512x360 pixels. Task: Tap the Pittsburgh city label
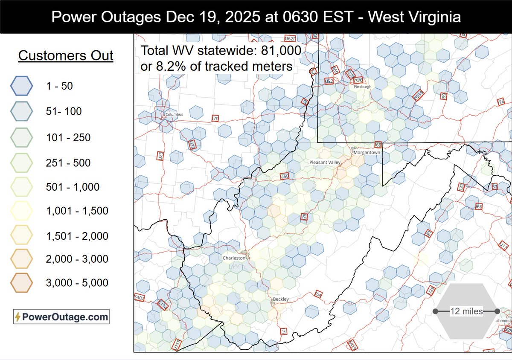point(363,87)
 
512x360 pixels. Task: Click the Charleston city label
point(234,258)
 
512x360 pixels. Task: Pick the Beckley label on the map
point(280,299)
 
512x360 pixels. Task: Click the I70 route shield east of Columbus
point(215,118)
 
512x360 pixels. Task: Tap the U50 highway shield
point(284,176)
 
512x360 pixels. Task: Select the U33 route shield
point(193,145)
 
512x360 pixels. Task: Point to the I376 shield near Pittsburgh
point(358,80)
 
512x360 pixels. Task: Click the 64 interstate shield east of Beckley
point(319,294)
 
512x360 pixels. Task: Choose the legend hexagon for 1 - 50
point(21,86)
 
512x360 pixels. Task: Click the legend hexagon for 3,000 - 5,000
point(21,282)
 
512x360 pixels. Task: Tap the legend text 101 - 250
point(69,137)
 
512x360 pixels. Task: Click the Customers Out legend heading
point(66,55)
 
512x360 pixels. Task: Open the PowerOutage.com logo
point(61,317)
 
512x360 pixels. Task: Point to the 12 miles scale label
point(466,311)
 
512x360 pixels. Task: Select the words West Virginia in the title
point(413,17)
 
